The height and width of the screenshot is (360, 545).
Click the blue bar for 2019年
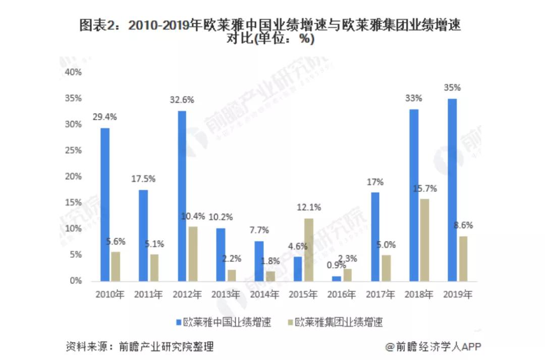click(x=452, y=190)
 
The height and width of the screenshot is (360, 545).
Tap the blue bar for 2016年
click(x=337, y=278)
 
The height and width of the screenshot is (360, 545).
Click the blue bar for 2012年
click(x=182, y=196)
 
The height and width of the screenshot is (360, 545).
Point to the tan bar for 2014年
click(x=271, y=276)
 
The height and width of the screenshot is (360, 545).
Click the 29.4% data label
click(x=104, y=116)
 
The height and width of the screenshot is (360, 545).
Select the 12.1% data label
click(x=309, y=207)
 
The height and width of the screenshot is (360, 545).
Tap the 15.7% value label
click(x=425, y=189)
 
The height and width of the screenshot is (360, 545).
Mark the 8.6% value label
click(x=463, y=225)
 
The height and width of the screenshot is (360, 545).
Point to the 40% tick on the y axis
click(x=73, y=72)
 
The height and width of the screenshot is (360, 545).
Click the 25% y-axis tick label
click(x=73, y=150)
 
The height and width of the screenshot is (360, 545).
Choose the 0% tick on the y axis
click(x=75, y=281)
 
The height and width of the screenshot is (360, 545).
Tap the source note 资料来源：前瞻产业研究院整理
click(x=139, y=346)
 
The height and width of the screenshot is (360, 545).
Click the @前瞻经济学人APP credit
click(x=433, y=346)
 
